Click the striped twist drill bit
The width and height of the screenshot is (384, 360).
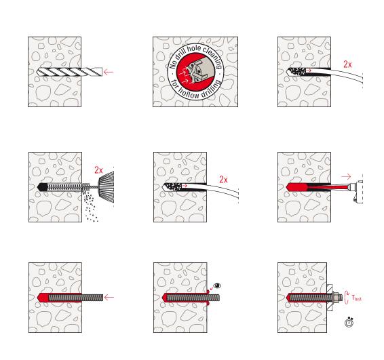(70, 72)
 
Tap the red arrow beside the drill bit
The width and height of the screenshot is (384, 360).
(109, 72)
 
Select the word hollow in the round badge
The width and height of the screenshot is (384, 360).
(189, 94)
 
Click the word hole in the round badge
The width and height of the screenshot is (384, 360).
(194, 49)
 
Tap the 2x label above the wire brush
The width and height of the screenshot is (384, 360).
(98, 170)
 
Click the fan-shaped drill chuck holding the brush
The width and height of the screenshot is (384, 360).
(107, 186)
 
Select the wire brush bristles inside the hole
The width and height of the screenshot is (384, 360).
(68, 187)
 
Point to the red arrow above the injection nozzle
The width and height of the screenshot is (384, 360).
(346, 176)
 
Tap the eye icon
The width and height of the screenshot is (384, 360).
(217, 285)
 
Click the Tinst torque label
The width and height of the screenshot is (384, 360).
(356, 298)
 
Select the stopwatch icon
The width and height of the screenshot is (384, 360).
(349, 322)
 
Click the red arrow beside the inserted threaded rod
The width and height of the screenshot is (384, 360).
(109, 298)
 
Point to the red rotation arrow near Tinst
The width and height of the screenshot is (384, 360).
(347, 298)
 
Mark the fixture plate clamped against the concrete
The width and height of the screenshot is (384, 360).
(330, 298)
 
